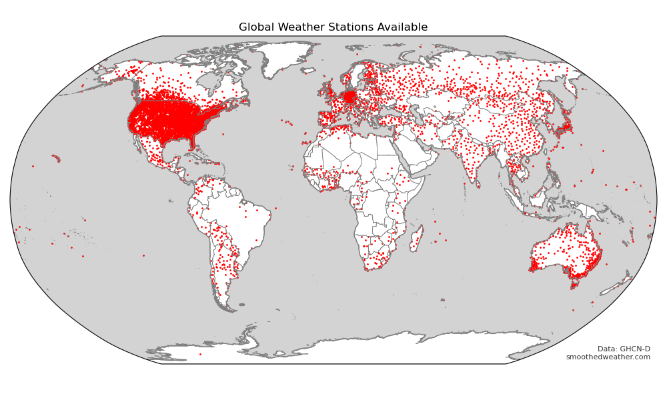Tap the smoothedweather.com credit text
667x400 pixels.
[608, 357]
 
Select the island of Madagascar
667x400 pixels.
[416, 239]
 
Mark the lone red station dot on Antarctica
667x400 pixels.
[199, 354]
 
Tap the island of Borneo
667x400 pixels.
[538, 198]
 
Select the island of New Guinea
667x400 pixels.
[590, 211]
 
